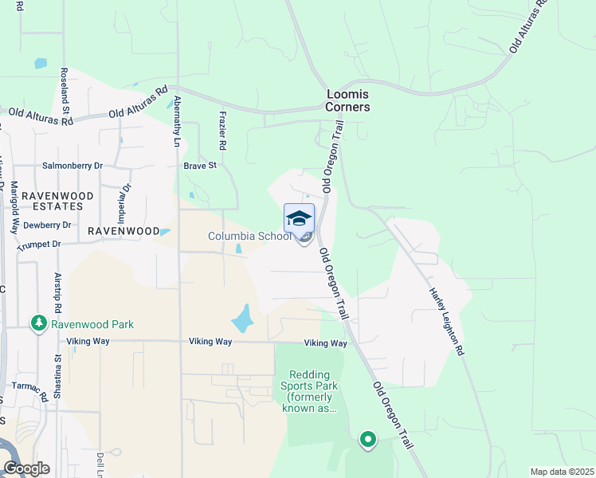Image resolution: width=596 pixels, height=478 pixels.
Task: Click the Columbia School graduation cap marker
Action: [299, 218]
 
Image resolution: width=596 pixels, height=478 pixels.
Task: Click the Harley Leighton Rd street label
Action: [447, 320]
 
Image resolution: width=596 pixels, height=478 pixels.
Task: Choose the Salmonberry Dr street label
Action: [73, 166]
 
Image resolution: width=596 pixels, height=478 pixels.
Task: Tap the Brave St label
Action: [200, 166]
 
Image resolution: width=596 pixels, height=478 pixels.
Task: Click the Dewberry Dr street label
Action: [48, 225]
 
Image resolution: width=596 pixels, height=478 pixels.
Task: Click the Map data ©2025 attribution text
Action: [561, 472]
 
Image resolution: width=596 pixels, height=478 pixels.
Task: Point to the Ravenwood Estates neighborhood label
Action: [52, 200]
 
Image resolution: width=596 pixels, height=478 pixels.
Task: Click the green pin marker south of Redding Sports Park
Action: [367, 438]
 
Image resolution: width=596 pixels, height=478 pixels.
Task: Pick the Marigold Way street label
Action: [14, 208]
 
